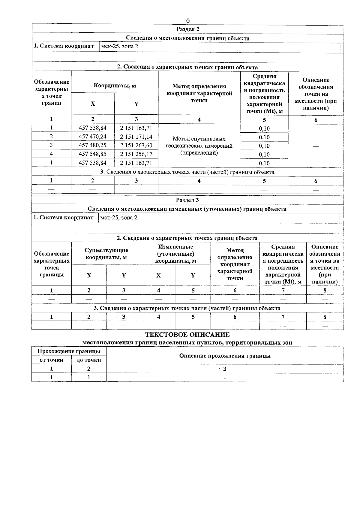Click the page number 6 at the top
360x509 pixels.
[x=188, y=20]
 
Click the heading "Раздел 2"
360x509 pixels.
[x=187, y=29]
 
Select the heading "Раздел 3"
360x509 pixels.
[x=187, y=200]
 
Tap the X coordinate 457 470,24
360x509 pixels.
[x=92, y=137]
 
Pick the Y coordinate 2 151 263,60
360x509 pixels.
[x=136, y=146]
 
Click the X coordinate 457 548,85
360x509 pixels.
[x=92, y=154]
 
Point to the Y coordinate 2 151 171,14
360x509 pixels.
[x=136, y=137]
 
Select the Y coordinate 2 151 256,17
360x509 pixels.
[x=136, y=154]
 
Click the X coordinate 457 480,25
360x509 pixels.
[x=92, y=146]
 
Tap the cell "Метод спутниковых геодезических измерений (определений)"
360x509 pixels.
[x=199, y=146]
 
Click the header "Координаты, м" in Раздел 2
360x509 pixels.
[x=115, y=86]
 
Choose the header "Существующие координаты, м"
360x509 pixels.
[x=106, y=254]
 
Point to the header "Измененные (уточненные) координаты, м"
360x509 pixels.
[x=175, y=254]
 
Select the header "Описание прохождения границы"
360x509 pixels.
[x=225, y=356]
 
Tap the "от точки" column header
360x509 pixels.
[x=51, y=360]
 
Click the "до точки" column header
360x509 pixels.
[x=89, y=360]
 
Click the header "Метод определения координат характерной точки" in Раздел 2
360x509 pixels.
[x=199, y=93]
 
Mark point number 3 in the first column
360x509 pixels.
[x=51, y=146]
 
